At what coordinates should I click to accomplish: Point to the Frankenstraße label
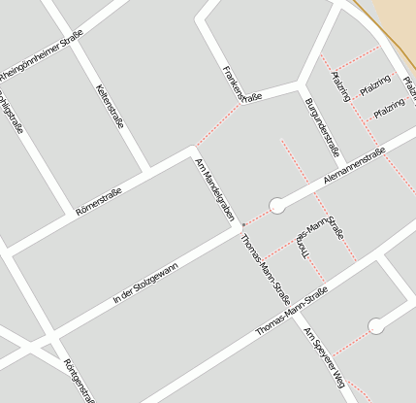click(x=242, y=84)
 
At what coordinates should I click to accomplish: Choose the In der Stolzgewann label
click(x=145, y=283)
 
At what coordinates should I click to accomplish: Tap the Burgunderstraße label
click(x=321, y=127)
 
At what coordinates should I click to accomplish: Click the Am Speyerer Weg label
click(x=324, y=357)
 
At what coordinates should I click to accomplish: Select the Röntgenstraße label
click(x=79, y=380)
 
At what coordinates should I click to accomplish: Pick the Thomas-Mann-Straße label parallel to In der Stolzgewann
click(x=292, y=313)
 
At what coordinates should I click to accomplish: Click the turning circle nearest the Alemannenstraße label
click(x=277, y=205)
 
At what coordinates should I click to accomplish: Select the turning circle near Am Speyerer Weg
click(x=376, y=326)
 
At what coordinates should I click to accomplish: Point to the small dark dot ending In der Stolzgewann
click(x=242, y=225)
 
